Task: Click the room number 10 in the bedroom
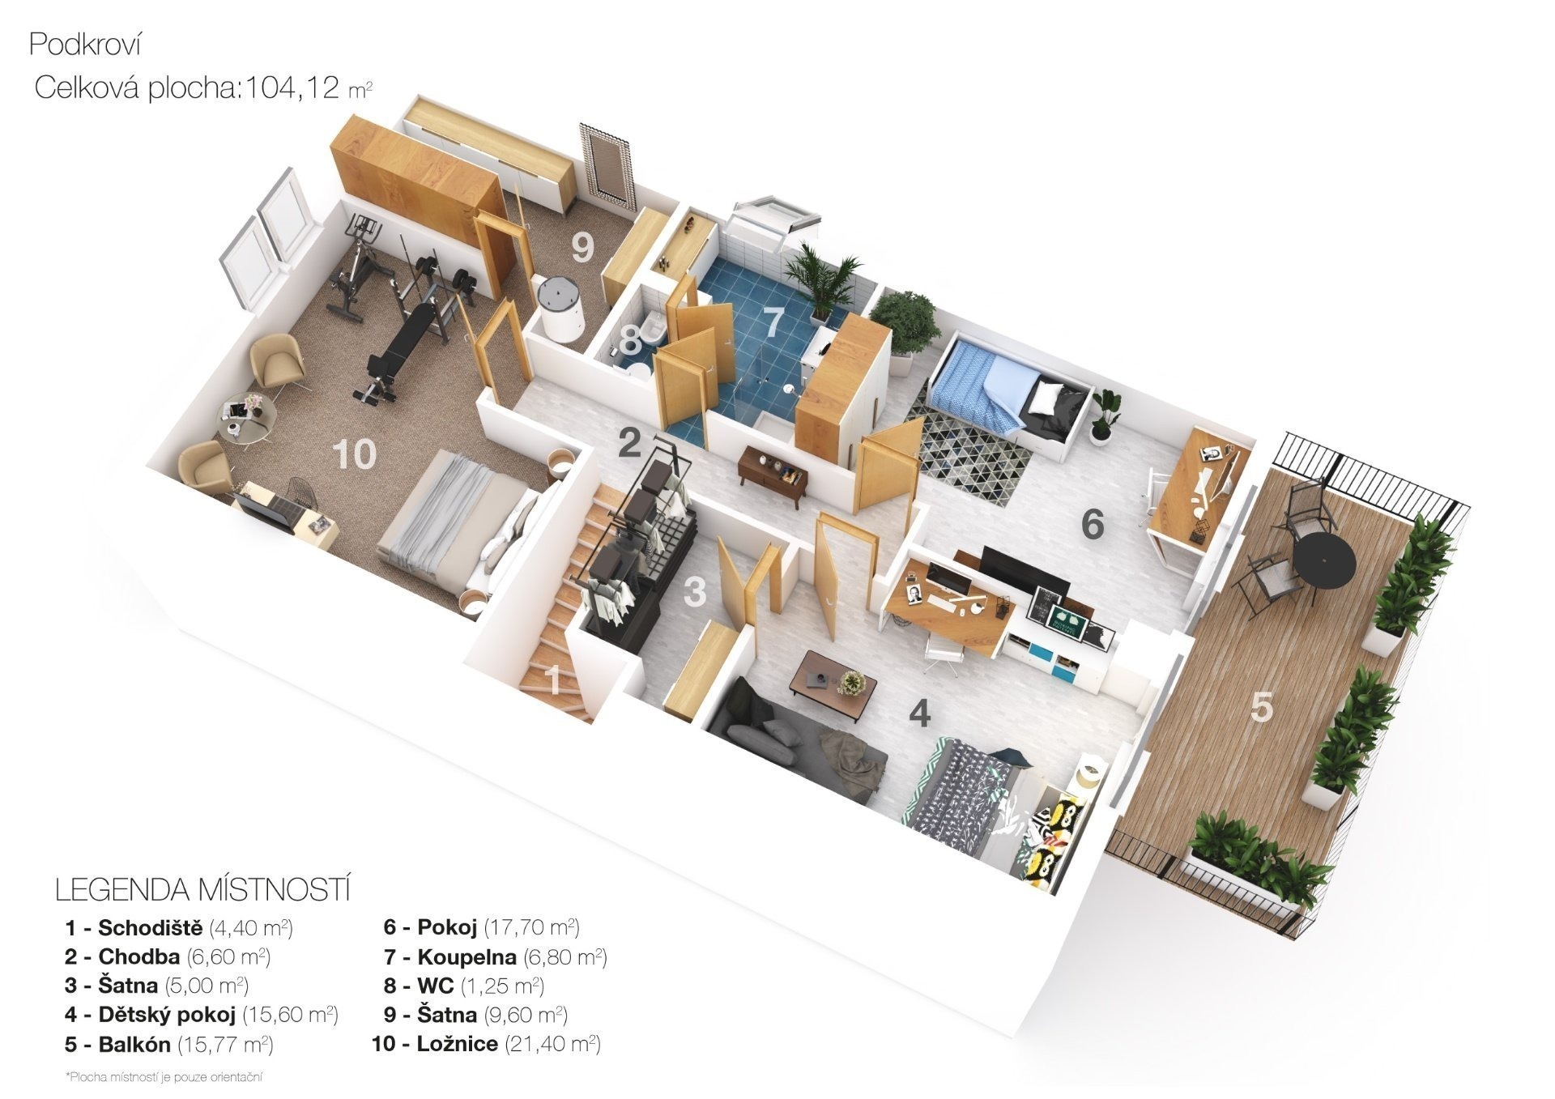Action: [x=354, y=454]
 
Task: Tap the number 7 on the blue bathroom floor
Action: [x=774, y=322]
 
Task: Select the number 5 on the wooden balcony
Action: [x=1262, y=707]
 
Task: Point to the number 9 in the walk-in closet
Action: [x=582, y=248]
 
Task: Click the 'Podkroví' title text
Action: [x=85, y=45]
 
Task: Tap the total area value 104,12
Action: [x=292, y=87]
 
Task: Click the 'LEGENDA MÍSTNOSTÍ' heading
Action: [x=202, y=890]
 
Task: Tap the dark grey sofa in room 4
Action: [x=794, y=743]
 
